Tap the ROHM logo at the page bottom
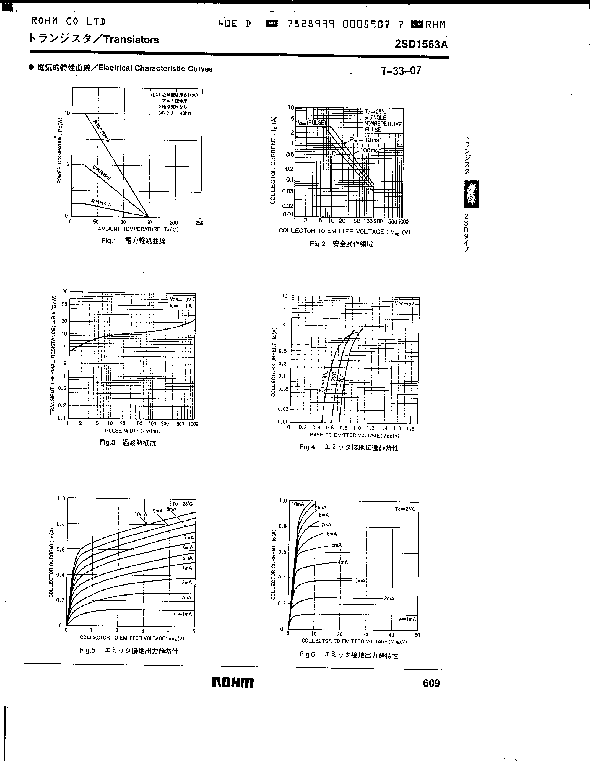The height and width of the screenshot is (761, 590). [x=233, y=683]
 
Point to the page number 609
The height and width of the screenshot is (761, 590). [x=431, y=683]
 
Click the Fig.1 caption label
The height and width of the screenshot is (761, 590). [x=108, y=241]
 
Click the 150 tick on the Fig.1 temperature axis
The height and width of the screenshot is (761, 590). [x=148, y=222]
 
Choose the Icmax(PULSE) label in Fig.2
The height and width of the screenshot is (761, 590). [x=312, y=123]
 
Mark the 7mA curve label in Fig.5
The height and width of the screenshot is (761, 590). [x=188, y=537]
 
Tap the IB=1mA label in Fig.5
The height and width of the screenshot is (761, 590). [x=182, y=614]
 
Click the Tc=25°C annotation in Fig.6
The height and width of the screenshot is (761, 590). [x=405, y=509]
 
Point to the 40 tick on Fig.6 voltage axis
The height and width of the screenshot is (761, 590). [x=391, y=635]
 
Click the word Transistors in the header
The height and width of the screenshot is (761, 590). [x=131, y=40]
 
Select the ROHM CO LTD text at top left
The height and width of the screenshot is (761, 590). [x=68, y=22]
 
